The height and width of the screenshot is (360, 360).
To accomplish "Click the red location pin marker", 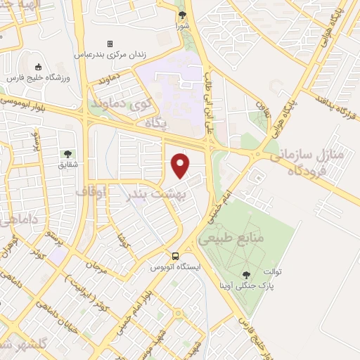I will pos(181,166).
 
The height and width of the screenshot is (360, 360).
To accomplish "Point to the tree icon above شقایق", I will pos(67,154).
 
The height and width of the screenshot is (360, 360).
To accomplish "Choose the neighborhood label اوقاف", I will pos(90,191).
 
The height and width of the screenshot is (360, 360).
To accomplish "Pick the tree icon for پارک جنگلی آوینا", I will pos(247,275).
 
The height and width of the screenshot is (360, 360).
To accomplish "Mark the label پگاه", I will pos(157,123).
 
